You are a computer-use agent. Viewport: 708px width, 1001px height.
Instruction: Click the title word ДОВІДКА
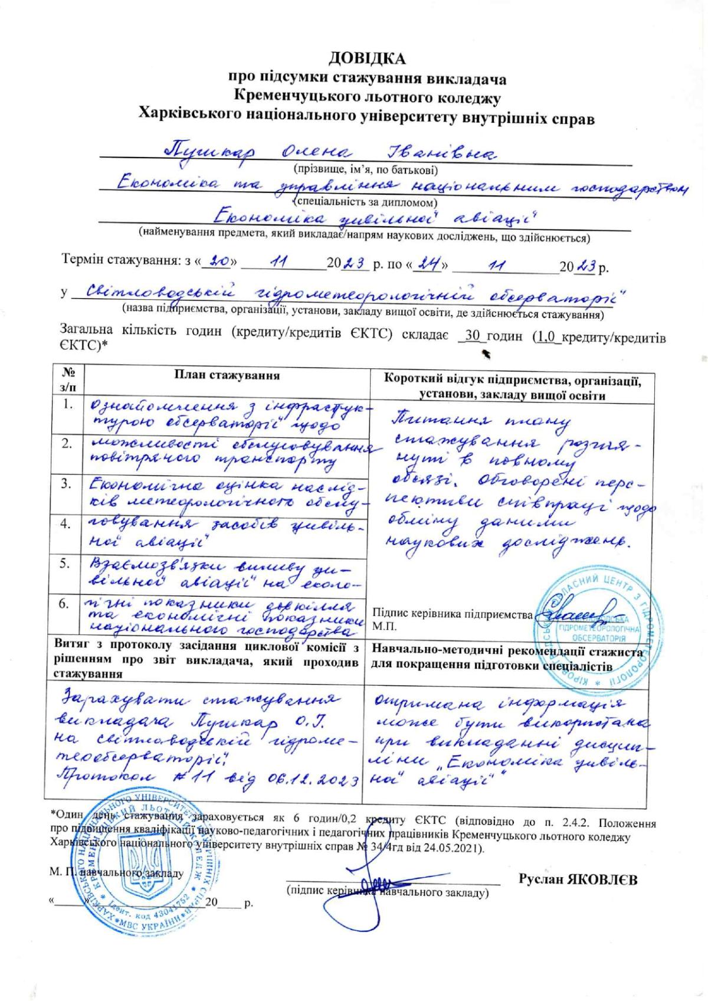tap(368, 58)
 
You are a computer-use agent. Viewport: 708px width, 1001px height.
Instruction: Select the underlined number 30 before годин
tap(471, 336)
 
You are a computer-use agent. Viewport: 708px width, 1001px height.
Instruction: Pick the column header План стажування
tap(227, 375)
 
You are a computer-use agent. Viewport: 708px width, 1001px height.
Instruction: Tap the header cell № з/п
tap(68, 380)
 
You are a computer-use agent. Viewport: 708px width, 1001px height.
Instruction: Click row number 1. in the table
tap(68, 404)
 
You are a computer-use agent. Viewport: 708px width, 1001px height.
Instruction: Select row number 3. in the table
tap(68, 484)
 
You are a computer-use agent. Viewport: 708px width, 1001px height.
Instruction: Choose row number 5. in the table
tap(68, 564)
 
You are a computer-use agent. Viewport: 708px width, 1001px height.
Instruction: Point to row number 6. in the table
tap(68, 604)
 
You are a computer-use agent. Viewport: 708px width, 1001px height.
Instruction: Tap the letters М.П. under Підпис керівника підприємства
tap(385, 626)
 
